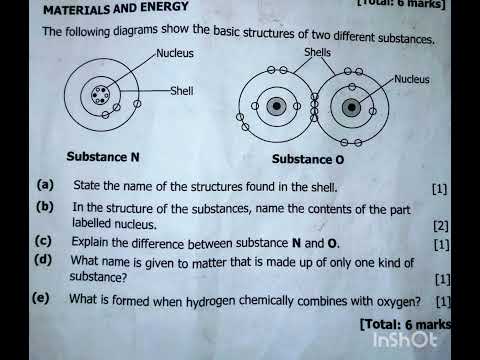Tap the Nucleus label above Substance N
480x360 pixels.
click(175, 53)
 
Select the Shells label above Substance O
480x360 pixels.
click(317, 51)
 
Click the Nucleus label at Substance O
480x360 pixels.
click(412, 78)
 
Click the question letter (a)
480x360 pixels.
click(45, 185)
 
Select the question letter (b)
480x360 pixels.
click(45, 207)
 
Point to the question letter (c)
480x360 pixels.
click(43, 241)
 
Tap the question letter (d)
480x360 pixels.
click(43, 260)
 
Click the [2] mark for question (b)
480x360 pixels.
click(441, 227)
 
